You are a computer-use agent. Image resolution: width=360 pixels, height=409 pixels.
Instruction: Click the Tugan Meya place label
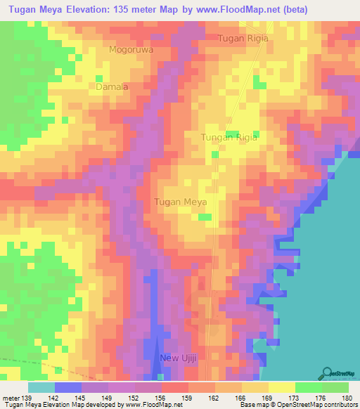pyautogui.click(x=179, y=202)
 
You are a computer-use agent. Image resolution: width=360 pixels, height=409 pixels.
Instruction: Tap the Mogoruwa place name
pyautogui.click(x=131, y=50)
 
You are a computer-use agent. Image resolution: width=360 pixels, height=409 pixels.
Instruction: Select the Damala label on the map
pyautogui.click(x=112, y=86)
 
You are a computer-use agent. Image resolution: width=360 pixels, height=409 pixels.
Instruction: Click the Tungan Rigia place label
pyautogui.click(x=229, y=138)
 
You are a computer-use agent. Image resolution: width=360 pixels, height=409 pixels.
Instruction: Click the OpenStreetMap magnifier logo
pyautogui.click(x=328, y=373)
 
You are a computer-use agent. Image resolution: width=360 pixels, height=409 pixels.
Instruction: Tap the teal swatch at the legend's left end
pyautogui.click(x=41, y=387)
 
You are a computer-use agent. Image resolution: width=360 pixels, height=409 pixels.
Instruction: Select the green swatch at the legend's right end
pyautogui.click(x=335, y=387)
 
